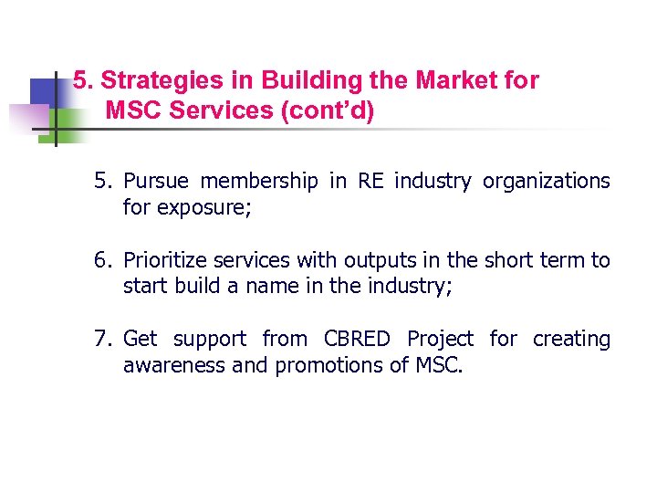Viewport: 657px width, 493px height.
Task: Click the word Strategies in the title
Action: point(150,80)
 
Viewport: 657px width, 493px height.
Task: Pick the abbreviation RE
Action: point(370,182)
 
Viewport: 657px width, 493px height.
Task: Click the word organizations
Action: point(546,182)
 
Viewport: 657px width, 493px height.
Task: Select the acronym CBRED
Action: point(358,340)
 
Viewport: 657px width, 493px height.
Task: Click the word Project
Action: point(440,340)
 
